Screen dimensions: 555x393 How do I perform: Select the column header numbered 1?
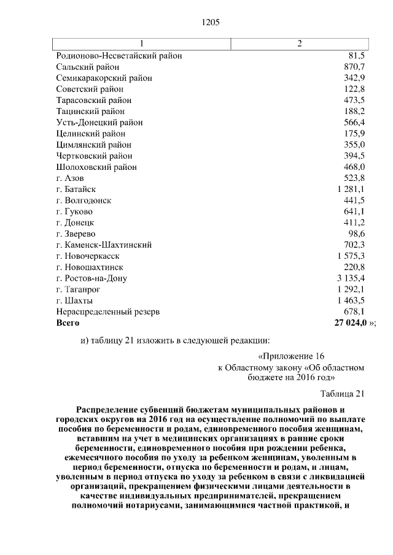142,43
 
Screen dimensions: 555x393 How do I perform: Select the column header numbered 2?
299,43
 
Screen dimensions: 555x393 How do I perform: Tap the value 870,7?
355,66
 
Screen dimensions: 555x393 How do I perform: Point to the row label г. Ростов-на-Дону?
91,278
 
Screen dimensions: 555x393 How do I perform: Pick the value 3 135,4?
351,278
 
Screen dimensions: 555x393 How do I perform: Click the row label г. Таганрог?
78,289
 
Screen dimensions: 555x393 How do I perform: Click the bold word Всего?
68,323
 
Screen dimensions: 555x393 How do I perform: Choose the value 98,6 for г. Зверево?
357,234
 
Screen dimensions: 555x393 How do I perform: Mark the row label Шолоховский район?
96,167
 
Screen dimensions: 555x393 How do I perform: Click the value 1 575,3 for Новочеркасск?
351,256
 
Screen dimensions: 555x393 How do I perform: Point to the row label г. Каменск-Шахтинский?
103,245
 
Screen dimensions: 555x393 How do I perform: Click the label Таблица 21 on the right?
343,393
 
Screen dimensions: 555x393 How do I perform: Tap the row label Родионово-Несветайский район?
119,55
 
